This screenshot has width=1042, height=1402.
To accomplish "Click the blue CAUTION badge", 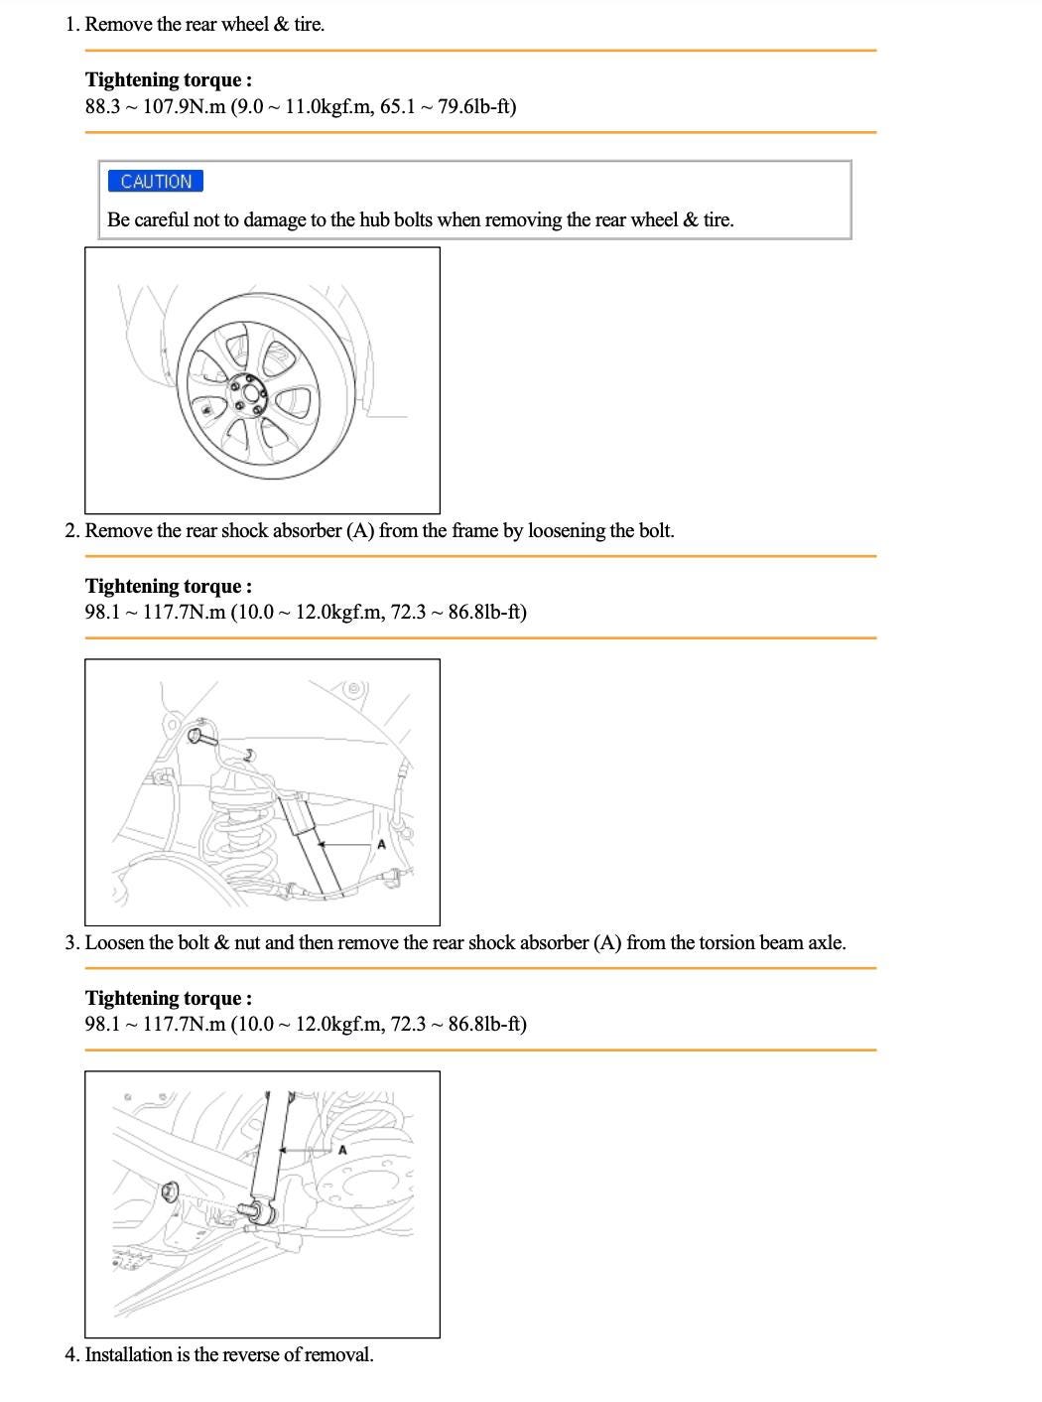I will tap(156, 181).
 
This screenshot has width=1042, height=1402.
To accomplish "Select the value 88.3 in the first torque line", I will tap(102, 106).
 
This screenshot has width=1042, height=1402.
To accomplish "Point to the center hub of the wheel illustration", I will tap(247, 395).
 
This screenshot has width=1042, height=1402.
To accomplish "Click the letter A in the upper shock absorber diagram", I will tap(381, 845).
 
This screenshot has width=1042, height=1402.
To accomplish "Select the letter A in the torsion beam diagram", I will tap(342, 1150).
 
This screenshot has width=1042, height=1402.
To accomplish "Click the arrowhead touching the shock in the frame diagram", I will tap(322, 845).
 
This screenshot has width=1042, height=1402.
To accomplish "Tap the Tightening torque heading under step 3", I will tap(168, 998).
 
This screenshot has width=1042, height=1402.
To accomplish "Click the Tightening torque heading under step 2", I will tap(168, 586).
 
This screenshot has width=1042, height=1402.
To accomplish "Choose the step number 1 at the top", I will tap(70, 24).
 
